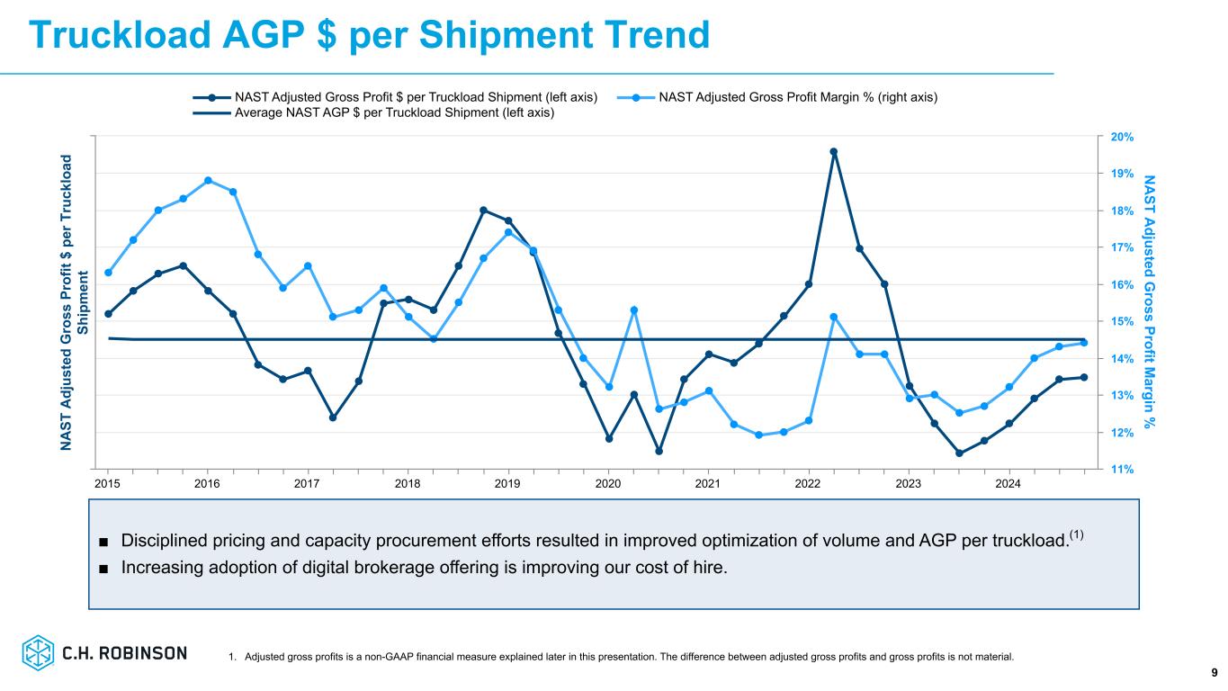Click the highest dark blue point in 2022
(834, 152)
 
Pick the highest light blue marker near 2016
(208, 180)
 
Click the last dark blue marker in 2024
(1084, 377)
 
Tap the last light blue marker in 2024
(1084, 343)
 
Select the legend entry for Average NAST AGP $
(394, 112)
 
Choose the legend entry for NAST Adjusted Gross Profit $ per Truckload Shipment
(416, 97)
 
